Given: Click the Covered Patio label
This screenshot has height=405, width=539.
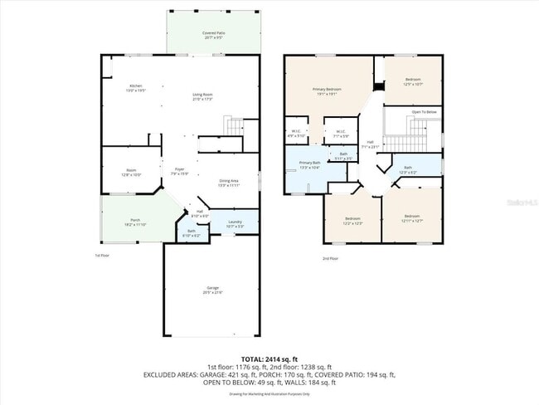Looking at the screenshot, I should tap(210, 34).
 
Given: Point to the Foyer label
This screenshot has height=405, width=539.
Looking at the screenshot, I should tap(179, 170).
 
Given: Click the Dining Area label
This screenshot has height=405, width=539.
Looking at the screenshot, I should tap(229, 182).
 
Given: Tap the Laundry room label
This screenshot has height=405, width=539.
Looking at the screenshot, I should tap(234, 222).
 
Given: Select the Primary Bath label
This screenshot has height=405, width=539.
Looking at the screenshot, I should tap(309, 164).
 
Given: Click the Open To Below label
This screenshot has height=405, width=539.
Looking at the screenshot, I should tap(423, 111).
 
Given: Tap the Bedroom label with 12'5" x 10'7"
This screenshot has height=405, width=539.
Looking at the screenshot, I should tap(412, 81).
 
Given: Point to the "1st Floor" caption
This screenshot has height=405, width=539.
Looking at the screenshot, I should tap(102, 256).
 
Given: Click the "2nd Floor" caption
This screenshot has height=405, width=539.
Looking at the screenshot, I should tap(330, 258).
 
